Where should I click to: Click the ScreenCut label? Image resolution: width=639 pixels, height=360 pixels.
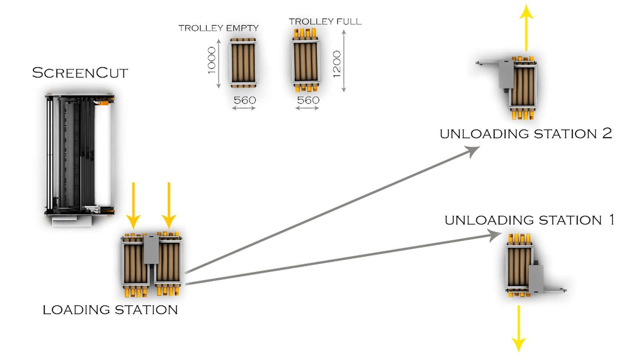[x=80, y=73]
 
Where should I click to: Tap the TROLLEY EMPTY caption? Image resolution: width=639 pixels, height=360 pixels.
[x=218, y=28]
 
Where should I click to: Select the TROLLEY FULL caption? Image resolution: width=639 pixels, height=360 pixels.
[x=325, y=22]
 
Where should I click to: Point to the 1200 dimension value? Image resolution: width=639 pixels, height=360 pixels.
[x=337, y=64]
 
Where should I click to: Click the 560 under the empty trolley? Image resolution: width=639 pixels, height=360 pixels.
[x=244, y=100]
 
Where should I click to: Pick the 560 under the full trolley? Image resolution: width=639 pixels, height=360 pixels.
[x=308, y=100]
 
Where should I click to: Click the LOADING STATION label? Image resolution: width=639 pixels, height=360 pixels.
[x=110, y=310]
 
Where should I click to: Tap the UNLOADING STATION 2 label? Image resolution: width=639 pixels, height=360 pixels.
[x=526, y=133]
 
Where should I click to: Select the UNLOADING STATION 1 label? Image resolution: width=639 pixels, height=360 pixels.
[x=530, y=220]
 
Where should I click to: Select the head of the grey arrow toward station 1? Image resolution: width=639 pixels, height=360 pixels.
[x=494, y=235]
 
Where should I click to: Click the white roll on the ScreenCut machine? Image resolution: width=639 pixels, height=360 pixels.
[x=103, y=156]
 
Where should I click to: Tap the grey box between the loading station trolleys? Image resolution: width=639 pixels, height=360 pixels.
[x=151, y=249]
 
